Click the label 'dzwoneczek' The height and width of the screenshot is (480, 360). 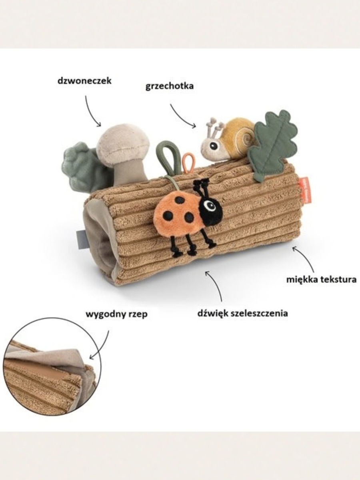[x=84, y=81]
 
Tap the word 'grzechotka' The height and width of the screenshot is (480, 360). [x=170, y=86]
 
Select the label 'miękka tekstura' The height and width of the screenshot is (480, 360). [x=321, y=280]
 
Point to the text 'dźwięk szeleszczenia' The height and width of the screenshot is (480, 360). [x=243, y=313]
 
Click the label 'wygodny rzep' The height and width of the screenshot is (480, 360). [x=116, y=314]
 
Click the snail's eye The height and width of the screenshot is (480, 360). [x=214, y=146]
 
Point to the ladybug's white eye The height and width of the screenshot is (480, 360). [x=209, y=205]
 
